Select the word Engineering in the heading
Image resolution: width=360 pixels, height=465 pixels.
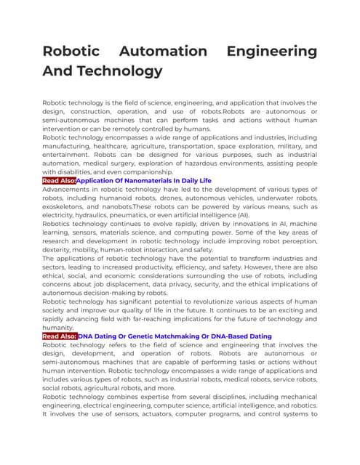click(273, 52)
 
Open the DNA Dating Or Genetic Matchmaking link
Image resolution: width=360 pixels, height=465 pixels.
click(175, 336)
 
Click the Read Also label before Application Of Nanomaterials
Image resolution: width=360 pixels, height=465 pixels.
click(59, 180)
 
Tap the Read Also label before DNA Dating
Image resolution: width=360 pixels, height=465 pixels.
click(59, 336)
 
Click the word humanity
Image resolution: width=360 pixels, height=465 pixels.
click(60, 328)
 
